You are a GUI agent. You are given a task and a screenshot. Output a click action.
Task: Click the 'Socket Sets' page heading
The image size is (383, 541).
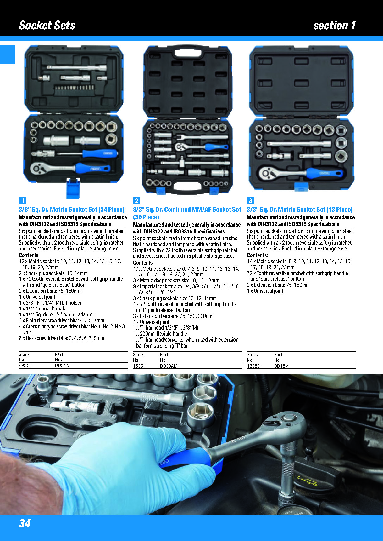click(x=47, y=25)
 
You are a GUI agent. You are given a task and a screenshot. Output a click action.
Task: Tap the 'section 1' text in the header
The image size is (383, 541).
click(x=335, y=25)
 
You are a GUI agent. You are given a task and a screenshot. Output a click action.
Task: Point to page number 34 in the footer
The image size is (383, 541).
click(x=25, y=523)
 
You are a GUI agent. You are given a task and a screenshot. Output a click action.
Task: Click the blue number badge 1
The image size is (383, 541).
click(x=22, y=201)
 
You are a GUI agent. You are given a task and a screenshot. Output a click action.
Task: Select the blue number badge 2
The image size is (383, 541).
click(x=136, y=201)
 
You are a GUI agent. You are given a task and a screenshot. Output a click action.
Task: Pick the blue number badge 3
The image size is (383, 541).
click(x=251, y=201)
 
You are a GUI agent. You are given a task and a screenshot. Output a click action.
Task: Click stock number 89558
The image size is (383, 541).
click(x=25, y=365)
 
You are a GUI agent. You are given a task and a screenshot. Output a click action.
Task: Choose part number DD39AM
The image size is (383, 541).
click(x=169, y=366)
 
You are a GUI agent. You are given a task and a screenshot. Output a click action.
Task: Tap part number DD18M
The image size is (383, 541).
click(x=281, y=366)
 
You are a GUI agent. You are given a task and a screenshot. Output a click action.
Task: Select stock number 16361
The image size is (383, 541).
click(x=139, y=366)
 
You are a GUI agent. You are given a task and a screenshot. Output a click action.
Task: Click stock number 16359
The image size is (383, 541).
click(x=253, y=366)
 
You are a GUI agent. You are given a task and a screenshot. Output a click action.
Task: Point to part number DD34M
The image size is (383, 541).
click(x=62, y=365)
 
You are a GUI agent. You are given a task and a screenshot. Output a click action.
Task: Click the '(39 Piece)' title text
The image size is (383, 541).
click(x=146, y=217)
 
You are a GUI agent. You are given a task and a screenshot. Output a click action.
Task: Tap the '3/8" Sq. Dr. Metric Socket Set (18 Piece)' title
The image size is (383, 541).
click(x=300, y=210)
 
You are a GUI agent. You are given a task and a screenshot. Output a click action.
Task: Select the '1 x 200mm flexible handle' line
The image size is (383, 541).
click(x=160, y=334)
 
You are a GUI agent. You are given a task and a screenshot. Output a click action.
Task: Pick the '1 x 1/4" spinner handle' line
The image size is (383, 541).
click(x=42, y=308)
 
